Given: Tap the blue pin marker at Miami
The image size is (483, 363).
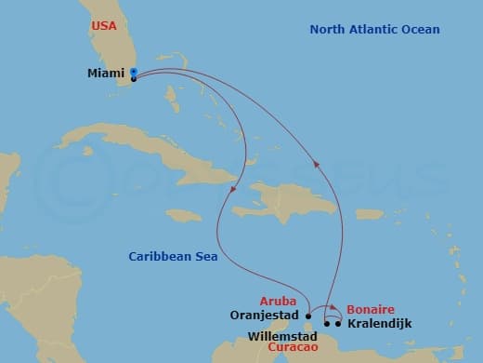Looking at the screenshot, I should point(134,72).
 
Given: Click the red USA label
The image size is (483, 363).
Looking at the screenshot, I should point(104,25).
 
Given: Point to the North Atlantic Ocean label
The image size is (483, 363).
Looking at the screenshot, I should point(374,30).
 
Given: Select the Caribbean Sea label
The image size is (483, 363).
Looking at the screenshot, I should point(173,257).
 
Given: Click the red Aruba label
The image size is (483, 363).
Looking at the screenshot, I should point(279,302).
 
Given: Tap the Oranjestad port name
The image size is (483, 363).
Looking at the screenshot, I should point(264,315).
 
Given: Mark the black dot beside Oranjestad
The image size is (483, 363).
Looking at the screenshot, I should point(307,315).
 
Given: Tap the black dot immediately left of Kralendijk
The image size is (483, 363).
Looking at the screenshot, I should point(338,324).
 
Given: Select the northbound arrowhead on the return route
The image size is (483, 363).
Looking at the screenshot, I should point(317,165).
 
